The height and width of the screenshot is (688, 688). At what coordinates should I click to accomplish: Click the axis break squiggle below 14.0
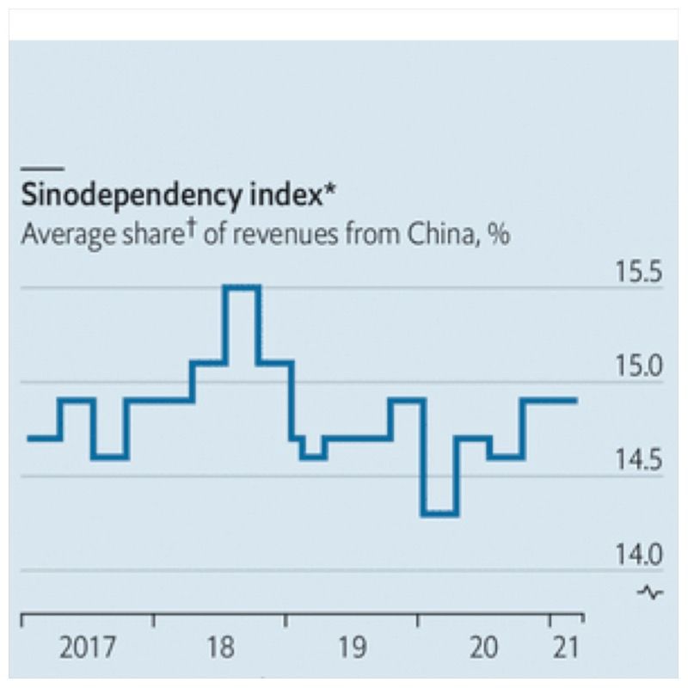click(650, 592)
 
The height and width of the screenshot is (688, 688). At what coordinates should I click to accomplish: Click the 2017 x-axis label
click(87, 647)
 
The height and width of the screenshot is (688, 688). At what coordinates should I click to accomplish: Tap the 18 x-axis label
click(221, 647)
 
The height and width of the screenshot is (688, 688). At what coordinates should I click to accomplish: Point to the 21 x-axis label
click(564, 647)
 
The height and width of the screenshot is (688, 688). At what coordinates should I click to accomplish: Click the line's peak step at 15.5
click(241, 287)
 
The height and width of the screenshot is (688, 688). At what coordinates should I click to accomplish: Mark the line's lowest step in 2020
click(440, 513)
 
